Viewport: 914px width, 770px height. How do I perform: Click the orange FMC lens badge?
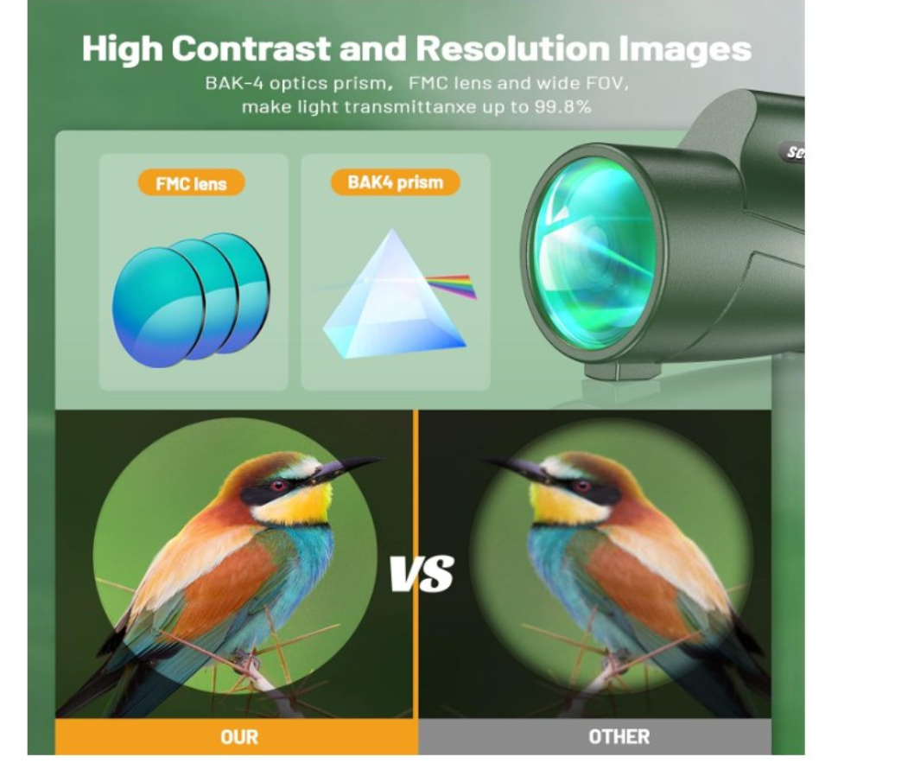(x=191, y=183)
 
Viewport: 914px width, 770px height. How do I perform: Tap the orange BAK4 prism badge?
(x=395, y=182)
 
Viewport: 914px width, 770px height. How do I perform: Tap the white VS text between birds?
(x=422, y=573)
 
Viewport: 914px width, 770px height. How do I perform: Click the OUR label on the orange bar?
(x=239, y=737)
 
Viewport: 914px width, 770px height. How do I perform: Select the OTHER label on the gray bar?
(x=619, y=737)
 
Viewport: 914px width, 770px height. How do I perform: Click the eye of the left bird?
(x=278, y=486)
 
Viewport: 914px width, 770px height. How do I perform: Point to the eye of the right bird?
(x=582, y=486)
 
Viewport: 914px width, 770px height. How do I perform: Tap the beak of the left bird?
(x=345, y=468)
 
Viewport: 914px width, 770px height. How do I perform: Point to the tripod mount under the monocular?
(x=622, y=371)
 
